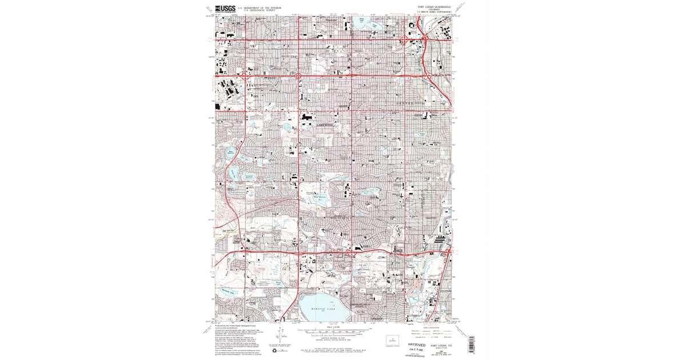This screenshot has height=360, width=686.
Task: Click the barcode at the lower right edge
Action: pos(472,343)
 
